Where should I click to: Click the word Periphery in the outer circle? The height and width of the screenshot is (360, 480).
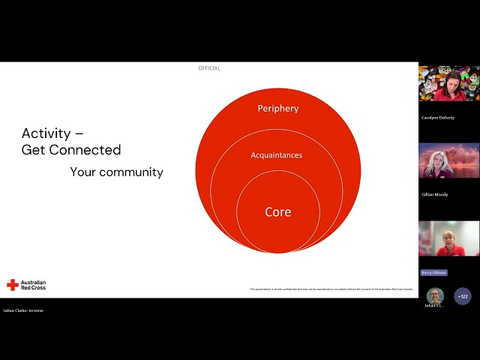coord(278,109)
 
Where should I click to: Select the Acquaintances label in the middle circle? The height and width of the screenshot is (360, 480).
coord(276,155)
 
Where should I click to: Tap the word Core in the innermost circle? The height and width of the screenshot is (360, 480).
coord(278,212)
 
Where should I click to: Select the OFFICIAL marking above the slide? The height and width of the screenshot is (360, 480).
coord(209,68)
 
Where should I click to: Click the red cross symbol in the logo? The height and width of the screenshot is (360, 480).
coord(12,285)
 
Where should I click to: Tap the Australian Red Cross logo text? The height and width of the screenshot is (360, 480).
coord(34,285)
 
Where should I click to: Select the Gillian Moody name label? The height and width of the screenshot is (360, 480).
coord(435,194)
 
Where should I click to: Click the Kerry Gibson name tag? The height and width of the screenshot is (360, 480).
coord(433,272)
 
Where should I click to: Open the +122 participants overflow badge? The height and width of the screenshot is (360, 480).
coord(463,296)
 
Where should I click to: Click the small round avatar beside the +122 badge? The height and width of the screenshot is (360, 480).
coord(435,295)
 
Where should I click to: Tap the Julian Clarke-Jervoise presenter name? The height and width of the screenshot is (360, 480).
coord(23,310)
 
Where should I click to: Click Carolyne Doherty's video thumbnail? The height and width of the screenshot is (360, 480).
coord(448,84)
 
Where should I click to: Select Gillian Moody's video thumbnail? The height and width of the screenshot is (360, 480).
coord(448,160)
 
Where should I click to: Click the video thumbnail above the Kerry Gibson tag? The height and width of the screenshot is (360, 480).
coord(448,238)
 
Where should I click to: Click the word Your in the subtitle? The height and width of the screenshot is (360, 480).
coord(82,172)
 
